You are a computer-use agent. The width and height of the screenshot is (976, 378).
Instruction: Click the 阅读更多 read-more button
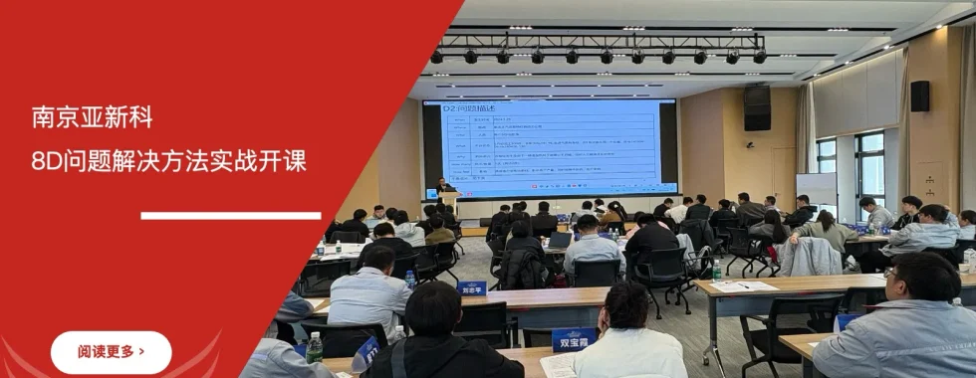click(x=111, y=352)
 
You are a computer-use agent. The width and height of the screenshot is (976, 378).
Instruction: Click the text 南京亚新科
click(x=93, y=118)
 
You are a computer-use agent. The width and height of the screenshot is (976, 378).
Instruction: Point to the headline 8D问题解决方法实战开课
click(x=168, y=160)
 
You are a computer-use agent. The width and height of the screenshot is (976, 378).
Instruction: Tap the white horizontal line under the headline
click(x=230, y=215)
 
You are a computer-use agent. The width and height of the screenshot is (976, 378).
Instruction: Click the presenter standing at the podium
click(x=443, y=186)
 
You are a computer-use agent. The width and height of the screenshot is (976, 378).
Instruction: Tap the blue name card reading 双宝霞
click(x=574, y=338)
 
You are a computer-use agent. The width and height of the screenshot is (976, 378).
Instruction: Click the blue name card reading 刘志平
click(x=472, y=288)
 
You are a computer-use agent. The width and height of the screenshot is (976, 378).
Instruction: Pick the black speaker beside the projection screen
click(x=757, y=107)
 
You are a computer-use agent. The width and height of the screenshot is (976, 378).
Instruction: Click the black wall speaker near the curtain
click(x=919, y=95)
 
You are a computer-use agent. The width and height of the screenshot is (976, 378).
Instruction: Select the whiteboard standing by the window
click(x=817, y=190)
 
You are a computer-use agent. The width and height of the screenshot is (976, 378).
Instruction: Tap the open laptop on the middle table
click(x=561, y=240)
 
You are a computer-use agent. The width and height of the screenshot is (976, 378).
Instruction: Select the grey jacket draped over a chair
click(x=809, y=257)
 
